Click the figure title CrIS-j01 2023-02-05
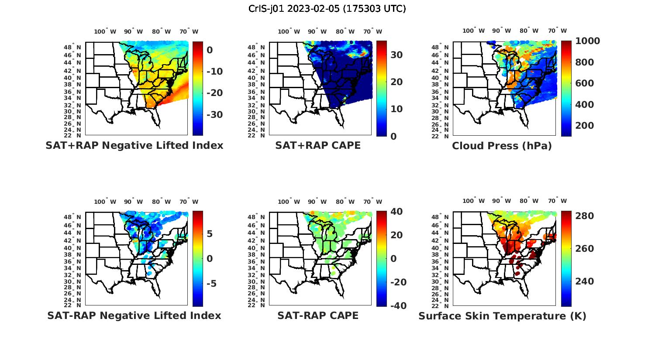(327, 9)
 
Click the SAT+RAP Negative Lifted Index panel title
(134, 145)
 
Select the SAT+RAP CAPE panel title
(318, 145)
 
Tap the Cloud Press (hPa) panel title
(502, 146)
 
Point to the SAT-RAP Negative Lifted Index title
(134, 315)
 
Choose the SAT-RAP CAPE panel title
(318, 315)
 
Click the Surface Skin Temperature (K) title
(502, 316)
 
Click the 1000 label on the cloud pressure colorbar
(587, 41)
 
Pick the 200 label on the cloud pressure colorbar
(584, 126)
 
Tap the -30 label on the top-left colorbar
(214, 115)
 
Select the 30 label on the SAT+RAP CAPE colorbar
(396, 55)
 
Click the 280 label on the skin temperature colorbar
(584, 216)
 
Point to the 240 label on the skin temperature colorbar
(584, 281)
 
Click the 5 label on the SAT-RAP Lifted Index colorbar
(210, 234)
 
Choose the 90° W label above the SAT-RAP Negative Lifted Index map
(133, 202)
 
